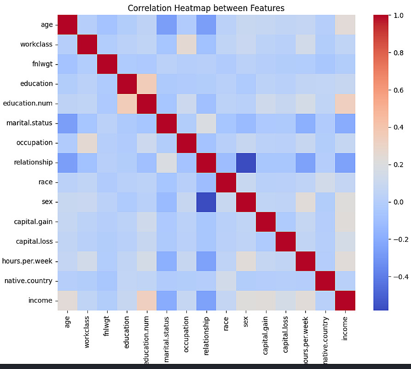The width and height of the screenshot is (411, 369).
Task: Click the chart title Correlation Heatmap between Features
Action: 206,8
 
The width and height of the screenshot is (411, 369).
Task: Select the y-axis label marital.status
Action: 30,123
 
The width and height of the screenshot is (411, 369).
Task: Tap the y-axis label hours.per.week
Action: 29,261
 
